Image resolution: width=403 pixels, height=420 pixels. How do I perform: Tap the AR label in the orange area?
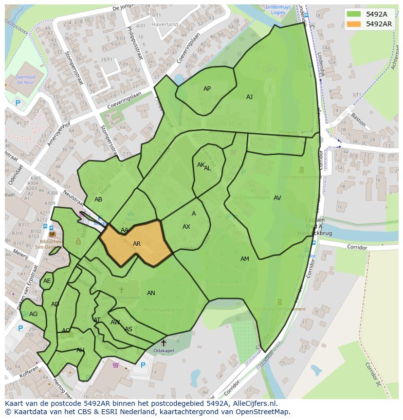pos(137,244)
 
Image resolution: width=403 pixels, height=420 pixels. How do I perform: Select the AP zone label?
pos(207,89)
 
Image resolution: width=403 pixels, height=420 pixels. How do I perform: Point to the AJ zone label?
pos(249,97)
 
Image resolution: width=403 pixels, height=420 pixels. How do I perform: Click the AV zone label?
pos(277,198)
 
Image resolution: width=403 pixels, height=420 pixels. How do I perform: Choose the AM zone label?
pos(244,259)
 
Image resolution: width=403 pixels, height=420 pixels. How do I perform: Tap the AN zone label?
pos(151,293)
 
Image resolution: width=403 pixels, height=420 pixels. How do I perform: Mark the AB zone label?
pos(98,200)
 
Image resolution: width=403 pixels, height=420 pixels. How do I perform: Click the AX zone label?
pos(186,227)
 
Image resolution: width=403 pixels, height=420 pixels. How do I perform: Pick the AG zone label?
pos(33,314)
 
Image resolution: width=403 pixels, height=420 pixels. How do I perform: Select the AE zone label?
pos(47,281)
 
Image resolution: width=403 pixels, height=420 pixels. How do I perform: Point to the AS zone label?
pos(128,329)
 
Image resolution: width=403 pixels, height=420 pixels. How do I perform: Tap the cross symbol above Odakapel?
pos(163,343)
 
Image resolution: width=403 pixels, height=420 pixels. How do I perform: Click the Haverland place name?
pos(165,24)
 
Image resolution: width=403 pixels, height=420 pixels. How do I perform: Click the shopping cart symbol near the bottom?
pos(115,365)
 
